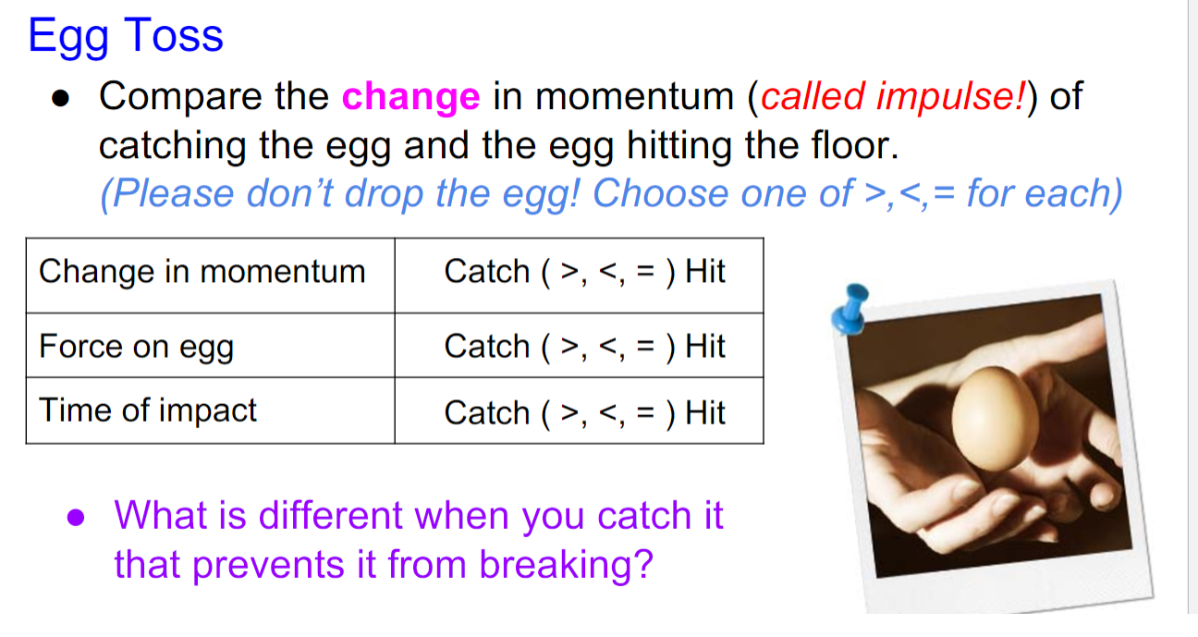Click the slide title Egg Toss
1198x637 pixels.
pyautogui.click(x=126, y=36)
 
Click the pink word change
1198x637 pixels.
pyautogui.click(x=410, y=97)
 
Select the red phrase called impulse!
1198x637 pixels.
pyautogui.click(x=892, y=97)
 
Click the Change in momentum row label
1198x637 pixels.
pyautogui.click(x=202, y=272)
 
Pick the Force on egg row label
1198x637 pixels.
pyautogui.click(x=136, y=347)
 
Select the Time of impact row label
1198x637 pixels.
pyautogui.click(x=147, y=410)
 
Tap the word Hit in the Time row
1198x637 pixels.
pyautogui.click(x=705, y=412)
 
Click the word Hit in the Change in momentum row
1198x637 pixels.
pyautogui.click(x=705, y=272)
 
